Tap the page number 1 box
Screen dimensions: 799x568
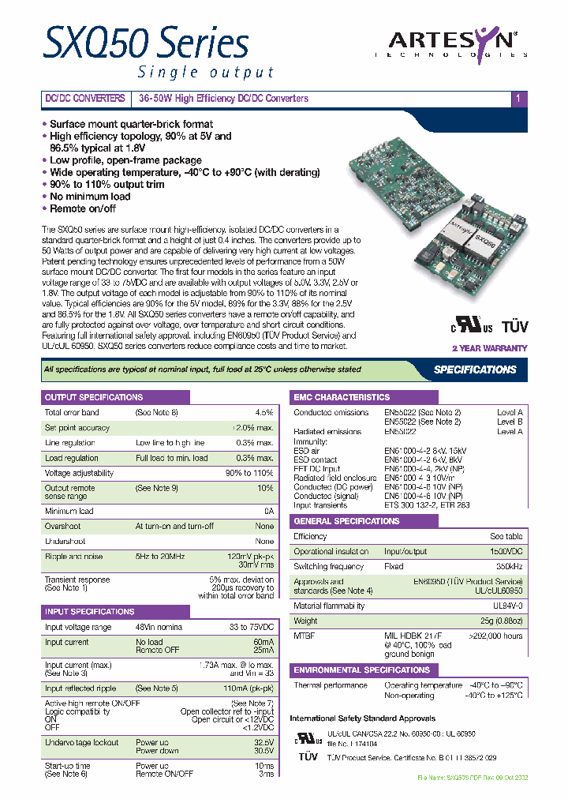[518, 99]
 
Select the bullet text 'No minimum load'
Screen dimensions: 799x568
[90, 197]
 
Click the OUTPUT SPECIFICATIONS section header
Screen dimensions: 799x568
[94, 397]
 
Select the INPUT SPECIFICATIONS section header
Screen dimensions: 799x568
[89, 612]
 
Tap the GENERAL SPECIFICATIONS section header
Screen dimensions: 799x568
[346, 522]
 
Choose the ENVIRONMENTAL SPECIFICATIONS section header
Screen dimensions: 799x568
[362, 670]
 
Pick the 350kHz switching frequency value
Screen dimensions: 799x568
[506, 567]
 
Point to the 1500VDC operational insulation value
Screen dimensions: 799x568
[504, 552]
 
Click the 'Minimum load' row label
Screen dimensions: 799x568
[69, 512]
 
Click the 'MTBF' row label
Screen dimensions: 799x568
[304, 635]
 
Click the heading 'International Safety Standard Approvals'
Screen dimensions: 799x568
[362, 718]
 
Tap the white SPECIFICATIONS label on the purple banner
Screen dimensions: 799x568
[475, 369]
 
